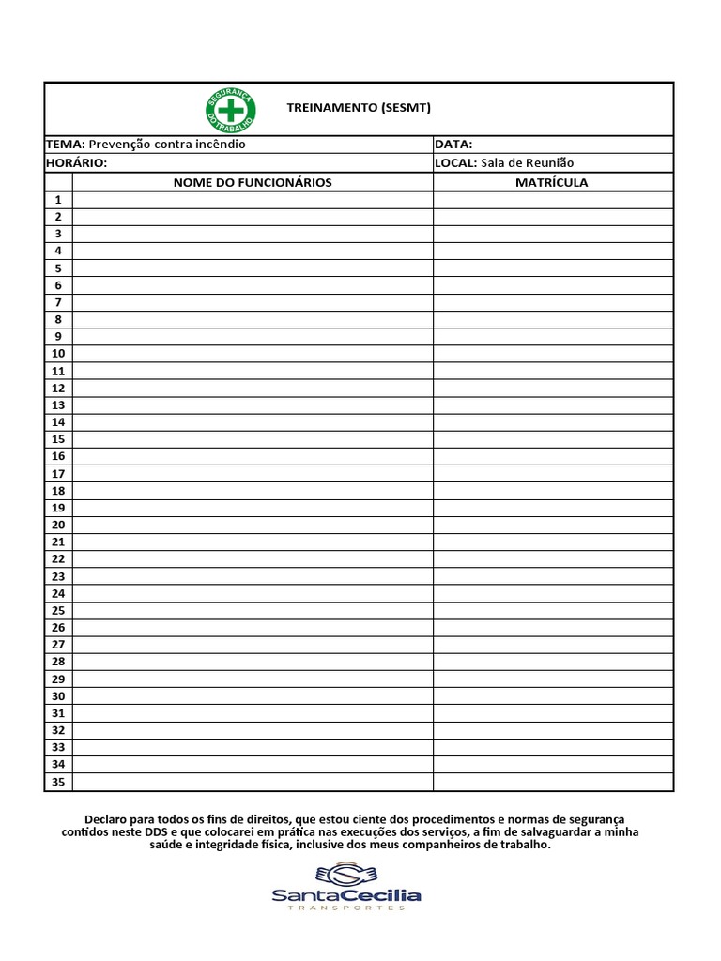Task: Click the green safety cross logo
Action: coord(230,109)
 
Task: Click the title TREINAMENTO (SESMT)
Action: coord(359,108)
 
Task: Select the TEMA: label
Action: coord(66,145)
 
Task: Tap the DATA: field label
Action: coord(453,145)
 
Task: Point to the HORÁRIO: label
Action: coord(77,162)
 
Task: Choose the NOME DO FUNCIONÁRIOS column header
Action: coord(253,182)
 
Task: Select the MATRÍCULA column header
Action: coord(552,182)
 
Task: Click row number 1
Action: coord(58,199)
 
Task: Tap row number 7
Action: coord(58,302)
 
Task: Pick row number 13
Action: coord(58,404)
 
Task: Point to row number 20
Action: coord(58,525)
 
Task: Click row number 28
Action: coord(58,662)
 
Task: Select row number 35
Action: coord(58,782)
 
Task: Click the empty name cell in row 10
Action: coord(253,354)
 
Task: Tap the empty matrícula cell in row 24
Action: coord(553,593)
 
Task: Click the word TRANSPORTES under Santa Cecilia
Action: coord(346,908)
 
